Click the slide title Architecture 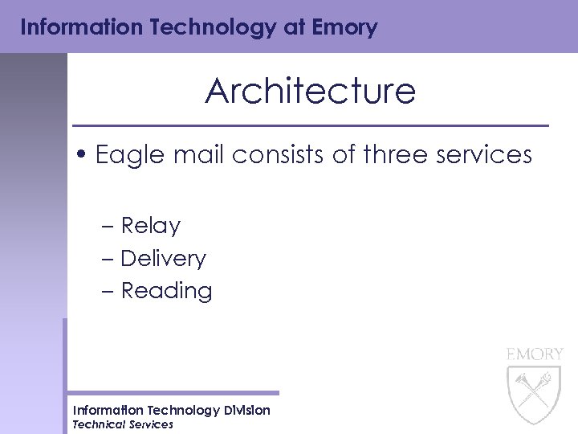pyautogui.click(x=310, y=92)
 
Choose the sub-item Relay pyautogui.click(x=150, y=227)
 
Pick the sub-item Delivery pyautogui.click(x=163, y=259)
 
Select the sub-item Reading pyautogui.click(x=166, y=291)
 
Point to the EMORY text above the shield pyautogui.click(x=535, y=354)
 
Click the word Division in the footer pyautogui.click(x=246, y=410)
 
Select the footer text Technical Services pyautogui.click(x=122, y=424)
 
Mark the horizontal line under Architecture pyautogui.click(x=310, y=126)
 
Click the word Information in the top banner pyautogui.click(x=72, y=28)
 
